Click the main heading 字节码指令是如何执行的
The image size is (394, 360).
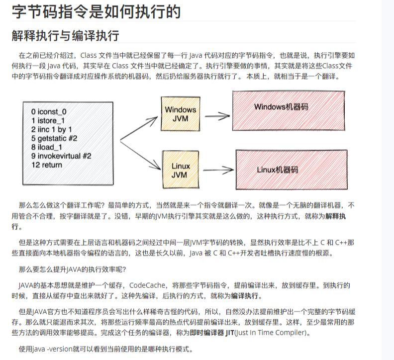click(96, 12)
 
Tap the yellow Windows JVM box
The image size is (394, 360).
click(180, 114)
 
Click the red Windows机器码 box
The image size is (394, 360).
click(282, 107)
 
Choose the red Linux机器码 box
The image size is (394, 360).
click(278, 170)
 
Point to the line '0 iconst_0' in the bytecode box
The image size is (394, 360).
click(48, 112)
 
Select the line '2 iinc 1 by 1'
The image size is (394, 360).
click(51, 129)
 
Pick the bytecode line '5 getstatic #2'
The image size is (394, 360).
click(54, 138)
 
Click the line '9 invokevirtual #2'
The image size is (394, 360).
click(61, 156)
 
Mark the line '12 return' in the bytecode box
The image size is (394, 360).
click(47, 165)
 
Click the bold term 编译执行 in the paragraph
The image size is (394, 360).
click(244, 296)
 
